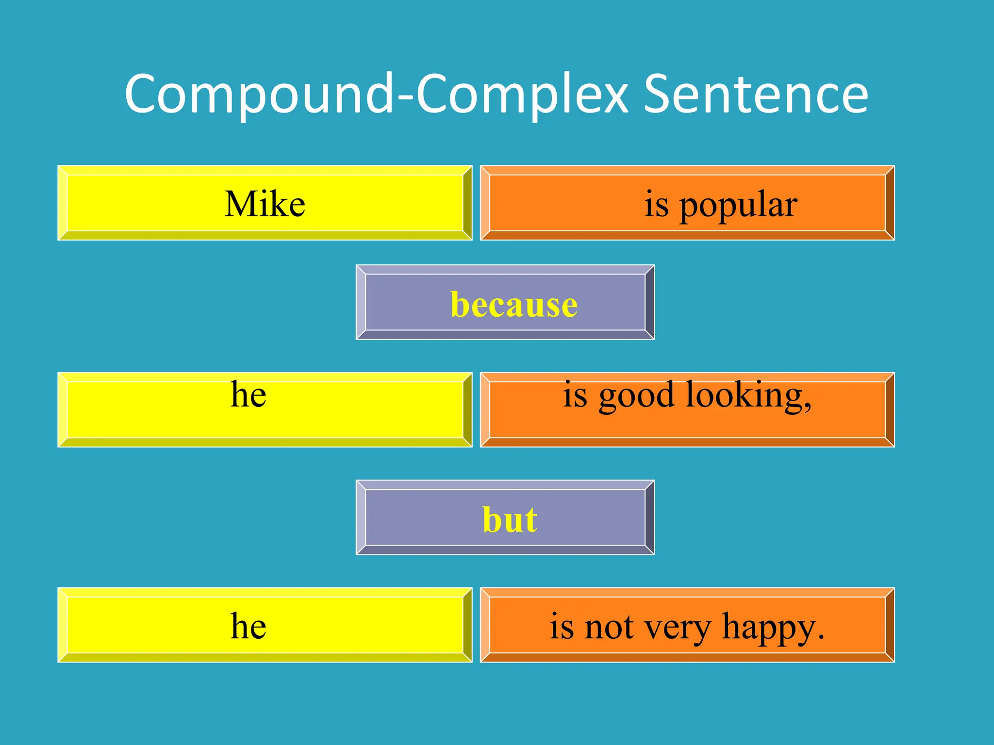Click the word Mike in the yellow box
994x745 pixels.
tap(265, 204)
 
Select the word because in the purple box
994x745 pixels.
tap(514, 305)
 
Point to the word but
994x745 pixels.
tap(510, 520)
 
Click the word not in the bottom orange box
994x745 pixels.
tap(609, 627)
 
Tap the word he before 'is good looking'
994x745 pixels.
tap(248, 394)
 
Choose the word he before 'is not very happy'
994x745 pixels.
tap(248, 626)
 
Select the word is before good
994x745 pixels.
tap(575, 395)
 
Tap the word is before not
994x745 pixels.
tap(562, 627)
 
